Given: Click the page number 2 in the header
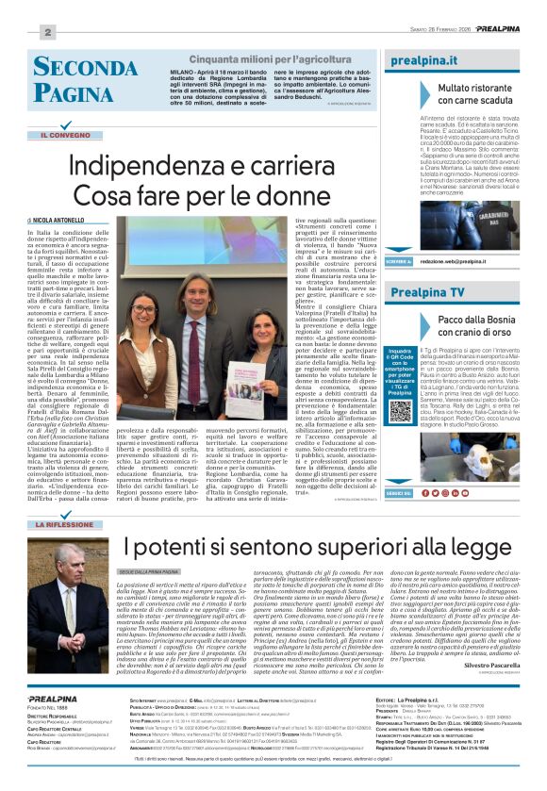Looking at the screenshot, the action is pyautogui.click(x=45, y=33).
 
